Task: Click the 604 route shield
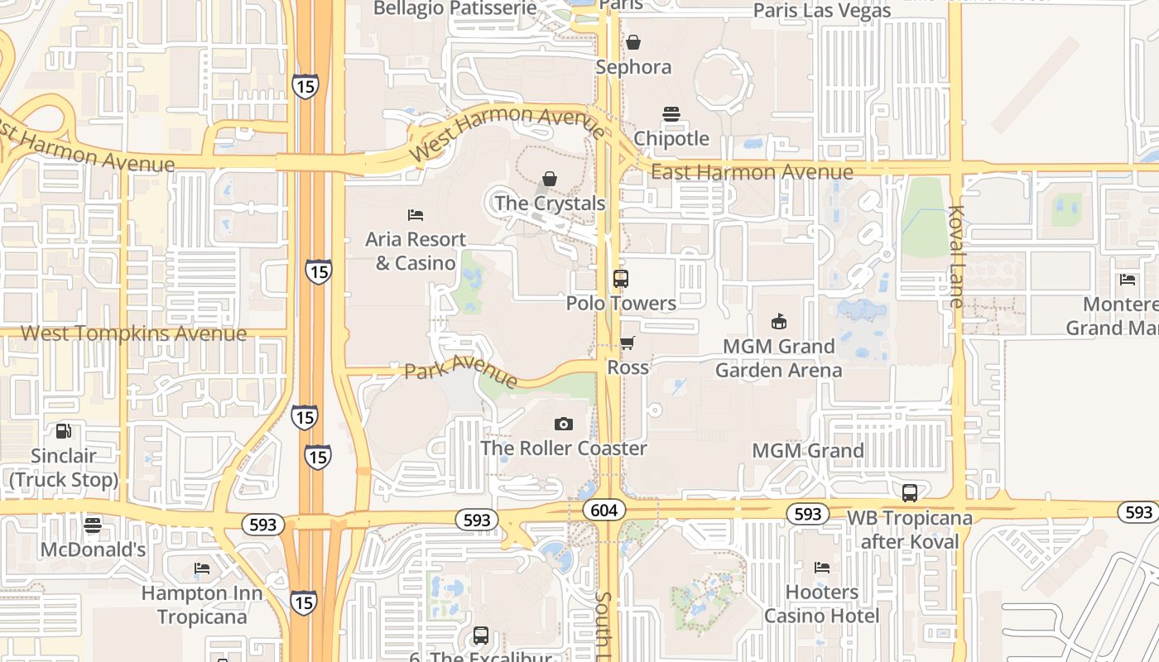click(x=604, y=511)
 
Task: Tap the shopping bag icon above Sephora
click(x=633, y=42)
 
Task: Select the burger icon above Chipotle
click(x=671, y=114)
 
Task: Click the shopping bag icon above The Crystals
click(x=550, y=179)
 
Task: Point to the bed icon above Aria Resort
click(x=416, y=215)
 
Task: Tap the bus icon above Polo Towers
click(x=621, y=279)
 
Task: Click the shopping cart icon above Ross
click(x=628, y=343)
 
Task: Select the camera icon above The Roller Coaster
click(x=563, y=425)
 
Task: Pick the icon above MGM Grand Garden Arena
click(x=778, y=321)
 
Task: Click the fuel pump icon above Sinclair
click(x=63, y=431)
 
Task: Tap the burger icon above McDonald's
click(x=93, y=525)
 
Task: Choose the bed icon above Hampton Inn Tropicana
click(x=202, y=568)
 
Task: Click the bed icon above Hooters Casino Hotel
click(x=822, y=568)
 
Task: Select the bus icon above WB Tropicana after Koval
click(x=909, y=493)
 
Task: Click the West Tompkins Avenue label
click(x=133, y=333)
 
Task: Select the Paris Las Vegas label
click(x=822, y=11)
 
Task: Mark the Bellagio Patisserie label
click(x=454, y=9)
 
